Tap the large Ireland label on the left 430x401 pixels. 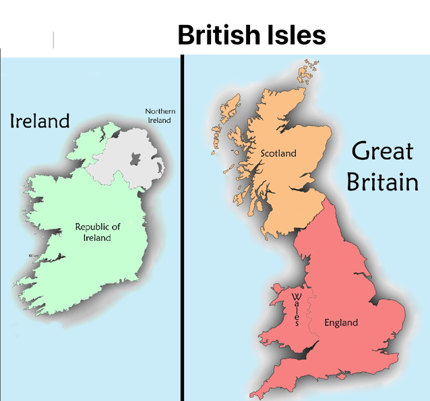click(40, 121)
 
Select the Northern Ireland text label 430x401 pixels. click(160, 115)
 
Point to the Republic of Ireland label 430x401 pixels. click(98, 232)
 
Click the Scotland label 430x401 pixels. click(278, 153)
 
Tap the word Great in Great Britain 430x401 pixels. click(382, 151)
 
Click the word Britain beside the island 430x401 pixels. click(382, 181)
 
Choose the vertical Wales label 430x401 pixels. click(296, 310)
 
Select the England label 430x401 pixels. click(341, 323)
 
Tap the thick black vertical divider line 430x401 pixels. click(182, 223)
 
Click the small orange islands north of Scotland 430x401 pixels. click(312, 68)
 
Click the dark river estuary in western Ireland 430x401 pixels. click(51, 258)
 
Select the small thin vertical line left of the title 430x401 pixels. click(53, 40)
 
